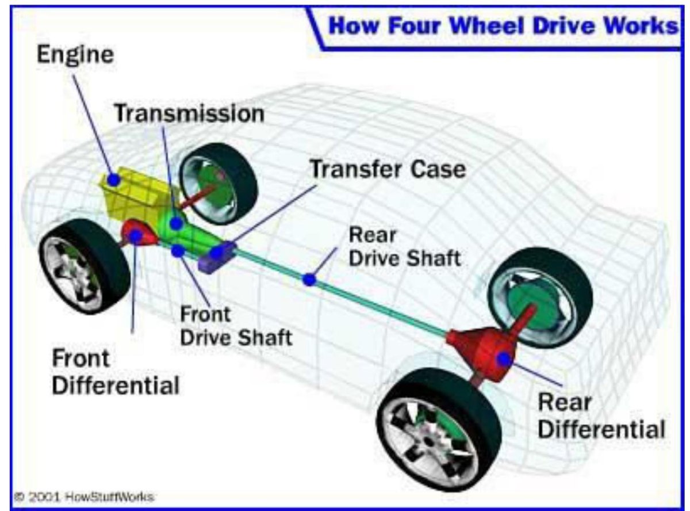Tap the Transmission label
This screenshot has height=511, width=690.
(189, 113)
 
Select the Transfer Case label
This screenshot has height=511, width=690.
(388, 170)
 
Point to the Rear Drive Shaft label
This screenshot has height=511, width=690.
(404, 247)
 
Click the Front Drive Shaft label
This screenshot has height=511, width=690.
(236, 326)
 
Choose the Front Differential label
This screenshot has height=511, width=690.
(116, 372)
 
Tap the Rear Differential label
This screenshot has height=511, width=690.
(601, 416)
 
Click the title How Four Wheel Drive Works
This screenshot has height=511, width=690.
(503, 26)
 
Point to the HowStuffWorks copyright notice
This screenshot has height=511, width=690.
(85, 497)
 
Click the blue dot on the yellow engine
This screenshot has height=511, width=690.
(114, 180)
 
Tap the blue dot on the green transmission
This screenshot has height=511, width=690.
(177, 223)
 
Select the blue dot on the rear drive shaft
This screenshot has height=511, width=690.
(309, 280)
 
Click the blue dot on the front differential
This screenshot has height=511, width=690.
(136, 236)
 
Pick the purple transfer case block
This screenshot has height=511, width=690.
(217, 258)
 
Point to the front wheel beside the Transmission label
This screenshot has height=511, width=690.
(218, 184)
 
